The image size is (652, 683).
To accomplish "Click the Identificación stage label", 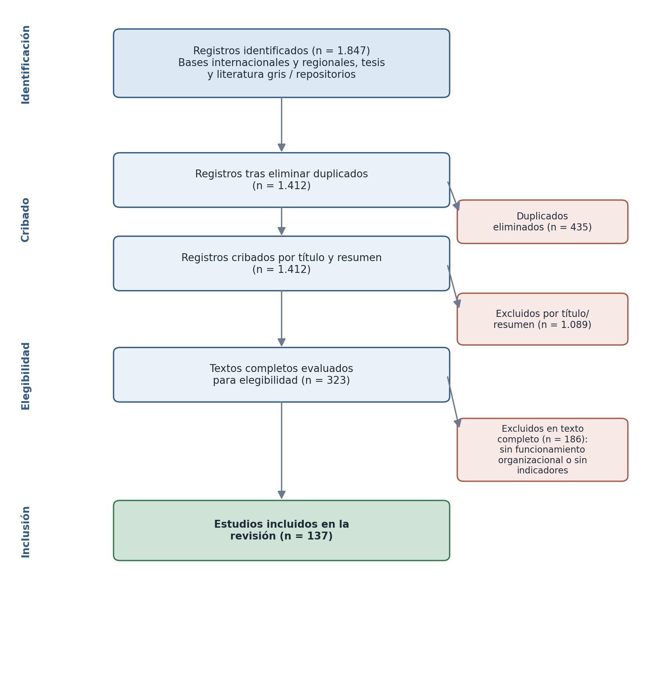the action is click(26, 64).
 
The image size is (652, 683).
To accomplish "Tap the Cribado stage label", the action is click(26, 220).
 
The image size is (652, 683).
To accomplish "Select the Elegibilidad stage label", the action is click(26, 376).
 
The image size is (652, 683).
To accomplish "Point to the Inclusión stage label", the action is click(26, 532).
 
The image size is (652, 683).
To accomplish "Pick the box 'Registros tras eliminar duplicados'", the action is click(281, 180).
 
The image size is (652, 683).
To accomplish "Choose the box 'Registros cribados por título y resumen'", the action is click(281, 263).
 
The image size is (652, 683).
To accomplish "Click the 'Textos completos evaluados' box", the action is click(281, 375).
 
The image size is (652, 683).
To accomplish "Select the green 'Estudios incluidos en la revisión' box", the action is click(281, 530).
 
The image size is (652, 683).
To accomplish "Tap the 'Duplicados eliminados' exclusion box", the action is click(542, 222).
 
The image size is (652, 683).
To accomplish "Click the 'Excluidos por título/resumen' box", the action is click(542, 319).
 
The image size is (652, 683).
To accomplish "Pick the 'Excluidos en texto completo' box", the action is click(542, 450).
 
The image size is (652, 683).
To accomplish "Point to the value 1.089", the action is click(574, 325).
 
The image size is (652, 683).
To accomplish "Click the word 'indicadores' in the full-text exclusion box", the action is click(542, 471).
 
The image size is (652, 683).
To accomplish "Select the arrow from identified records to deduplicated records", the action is click(281, 124).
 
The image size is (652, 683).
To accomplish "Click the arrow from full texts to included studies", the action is click(281, 450).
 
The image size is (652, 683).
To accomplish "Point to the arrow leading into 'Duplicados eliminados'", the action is click(453, 196).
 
